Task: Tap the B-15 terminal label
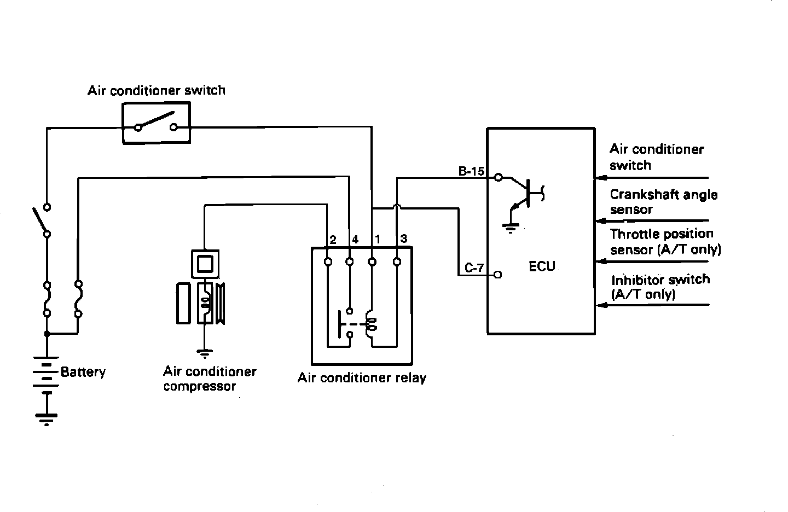click(x=471, y=171)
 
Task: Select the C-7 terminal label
click(x=474, y=268)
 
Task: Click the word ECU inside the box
click(x=542, y=267)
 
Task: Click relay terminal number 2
click(x=332, y=240)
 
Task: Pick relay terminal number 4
click(x=355, y=240)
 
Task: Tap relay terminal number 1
click(x=378, y=240)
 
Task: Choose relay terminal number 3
click(x=404, y=239)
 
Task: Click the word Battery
click(x=83, y=372)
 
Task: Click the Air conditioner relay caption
click(x=362, y=377)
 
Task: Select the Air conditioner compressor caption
click(x=210, y=379)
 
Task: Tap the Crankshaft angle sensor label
click(x=663, y=202)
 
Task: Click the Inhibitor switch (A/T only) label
click(x=660, y=287)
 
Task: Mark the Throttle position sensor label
click(x=665, y=242)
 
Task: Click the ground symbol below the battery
click(x=47, y=418)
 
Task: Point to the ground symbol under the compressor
click(x=204, y=354)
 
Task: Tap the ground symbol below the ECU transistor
click(x=511, y=228)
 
